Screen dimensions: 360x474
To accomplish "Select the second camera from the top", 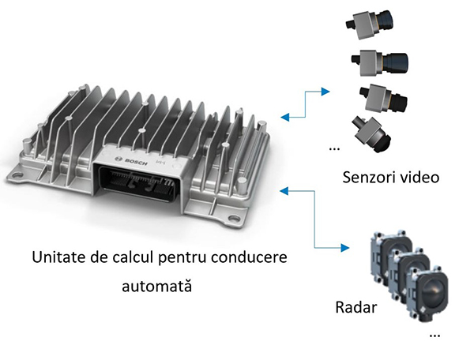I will point(374,61).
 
